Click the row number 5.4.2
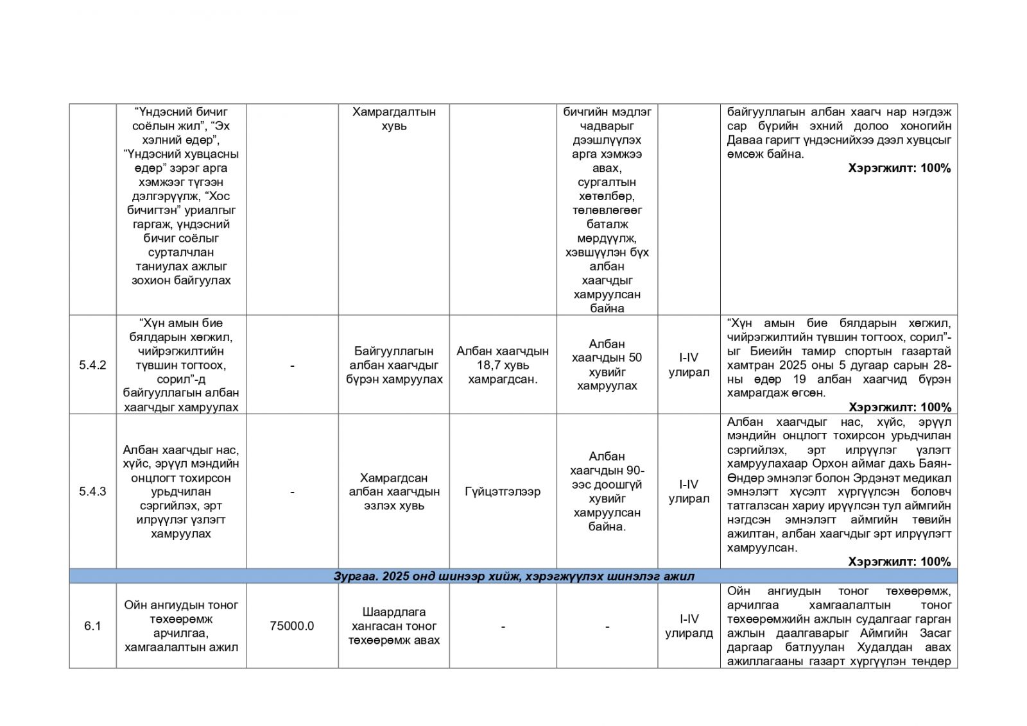(92, 365)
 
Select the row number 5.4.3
(92, 491)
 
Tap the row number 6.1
(92, 626)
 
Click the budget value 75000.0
(292, 626)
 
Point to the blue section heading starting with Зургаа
(513, 576)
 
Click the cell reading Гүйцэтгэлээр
(503, 491)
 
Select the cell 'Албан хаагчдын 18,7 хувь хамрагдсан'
(503, 365)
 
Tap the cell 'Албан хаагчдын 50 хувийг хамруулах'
(607, 365)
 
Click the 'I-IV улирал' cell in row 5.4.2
(689, 365)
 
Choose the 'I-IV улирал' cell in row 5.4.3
(689, 491)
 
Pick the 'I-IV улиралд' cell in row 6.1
(689, 626)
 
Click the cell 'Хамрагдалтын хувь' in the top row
(394, 119)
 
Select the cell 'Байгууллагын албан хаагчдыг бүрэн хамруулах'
(394, 365)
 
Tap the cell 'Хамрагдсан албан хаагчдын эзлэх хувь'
(394, 491)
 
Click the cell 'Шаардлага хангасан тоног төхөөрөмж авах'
(394, 626)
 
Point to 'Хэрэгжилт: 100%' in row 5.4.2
(899, 407)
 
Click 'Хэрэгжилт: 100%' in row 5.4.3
(899, 562)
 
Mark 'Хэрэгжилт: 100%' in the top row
(899, 168)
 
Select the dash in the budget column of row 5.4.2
(292, 365)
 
